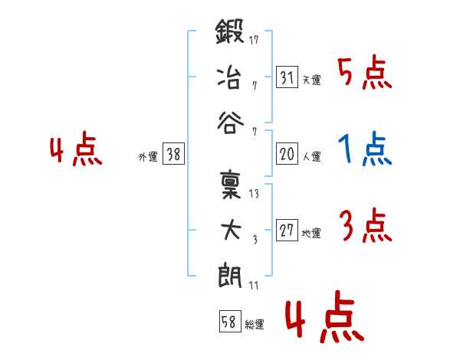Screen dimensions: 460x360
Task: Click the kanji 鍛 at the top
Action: click(x=230, y=31)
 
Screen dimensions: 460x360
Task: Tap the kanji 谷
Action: click(x=230, y=123)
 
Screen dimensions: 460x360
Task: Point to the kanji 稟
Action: click(x=231, y=185)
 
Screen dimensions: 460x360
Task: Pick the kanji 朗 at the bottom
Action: click(x=230, y=275)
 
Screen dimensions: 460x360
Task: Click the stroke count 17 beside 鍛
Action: click(x=254, y=40)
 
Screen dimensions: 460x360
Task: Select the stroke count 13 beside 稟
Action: click(x=254, y=194)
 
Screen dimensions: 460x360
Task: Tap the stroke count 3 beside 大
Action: click(x=255, y=240)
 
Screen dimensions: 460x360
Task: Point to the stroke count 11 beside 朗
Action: click(x=254, y=286)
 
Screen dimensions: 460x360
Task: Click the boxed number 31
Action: click(x=287, y=77)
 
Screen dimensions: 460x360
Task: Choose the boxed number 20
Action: click(x=287, y=153)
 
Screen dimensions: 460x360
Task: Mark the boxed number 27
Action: click(x=287, y=230)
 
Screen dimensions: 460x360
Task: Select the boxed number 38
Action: click(x=173, y=153)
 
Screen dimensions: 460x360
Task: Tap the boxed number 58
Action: click(x=230, y=321)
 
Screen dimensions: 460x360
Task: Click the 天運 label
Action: click(x=312, y=80)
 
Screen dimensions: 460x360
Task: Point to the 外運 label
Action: click(x=148, y=157)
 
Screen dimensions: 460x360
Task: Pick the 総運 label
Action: click(x=255, y=325)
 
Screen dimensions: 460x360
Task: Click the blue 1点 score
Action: click(x=365, y=149)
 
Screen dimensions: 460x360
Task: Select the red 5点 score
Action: click(x=365, y=72)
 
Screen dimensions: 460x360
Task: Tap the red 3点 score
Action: click(x=366, y=225)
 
